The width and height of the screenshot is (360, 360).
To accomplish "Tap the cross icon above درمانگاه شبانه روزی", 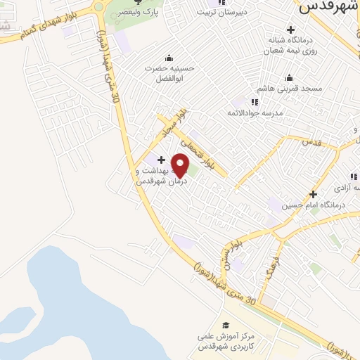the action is click(x=290, y=29).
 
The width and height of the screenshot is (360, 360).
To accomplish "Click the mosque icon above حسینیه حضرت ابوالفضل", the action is click(x=168, y=58).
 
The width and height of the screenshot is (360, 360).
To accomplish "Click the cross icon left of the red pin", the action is click(x=162, y=160).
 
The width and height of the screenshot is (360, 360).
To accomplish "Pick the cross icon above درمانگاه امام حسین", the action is click(x=313, y=194).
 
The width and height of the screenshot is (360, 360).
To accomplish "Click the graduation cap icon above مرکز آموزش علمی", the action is click(x=226, y=325).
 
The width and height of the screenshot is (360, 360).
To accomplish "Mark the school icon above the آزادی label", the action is click(x=353, y=177).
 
